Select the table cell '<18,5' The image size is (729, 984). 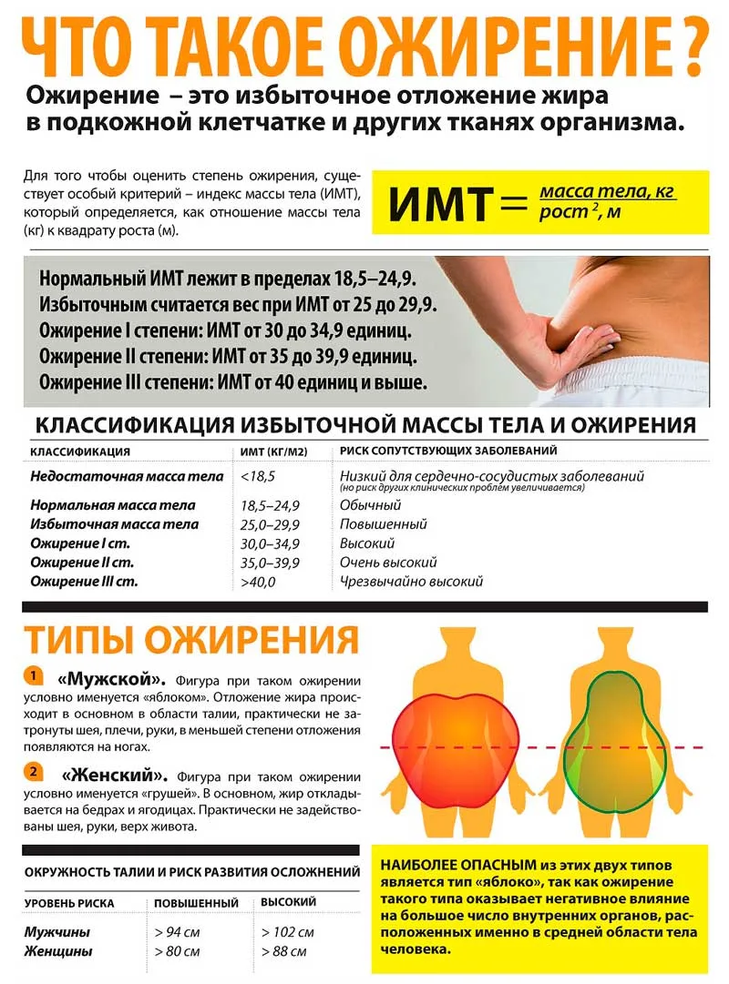point(258,476)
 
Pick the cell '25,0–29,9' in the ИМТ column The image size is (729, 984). point(270,524)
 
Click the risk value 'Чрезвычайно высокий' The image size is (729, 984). point(411,581)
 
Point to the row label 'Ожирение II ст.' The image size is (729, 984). point(83,563)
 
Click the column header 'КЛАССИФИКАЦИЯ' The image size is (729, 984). point(80,451)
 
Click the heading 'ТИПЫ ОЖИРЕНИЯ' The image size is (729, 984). point(190,639)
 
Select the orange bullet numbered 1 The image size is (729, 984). point(32,676)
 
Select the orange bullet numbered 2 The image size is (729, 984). point(32,772)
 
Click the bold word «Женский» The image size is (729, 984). point(115,776)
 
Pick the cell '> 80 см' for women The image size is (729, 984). point(177,952)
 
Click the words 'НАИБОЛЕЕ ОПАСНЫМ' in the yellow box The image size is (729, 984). point(443,865)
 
